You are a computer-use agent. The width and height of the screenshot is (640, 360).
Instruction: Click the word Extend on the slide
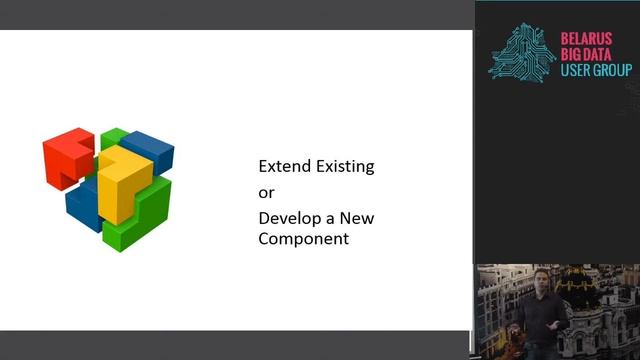[x=283, y=166]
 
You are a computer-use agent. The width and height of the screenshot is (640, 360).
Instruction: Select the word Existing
[x=343, y=167]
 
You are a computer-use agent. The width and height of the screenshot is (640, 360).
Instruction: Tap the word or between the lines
[x=266, y=192]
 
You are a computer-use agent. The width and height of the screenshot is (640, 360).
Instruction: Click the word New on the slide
[x=355, y=217]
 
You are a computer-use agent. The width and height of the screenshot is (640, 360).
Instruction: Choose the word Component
[x=304, y=239]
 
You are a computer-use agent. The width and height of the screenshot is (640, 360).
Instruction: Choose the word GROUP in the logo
[x=613, y=71]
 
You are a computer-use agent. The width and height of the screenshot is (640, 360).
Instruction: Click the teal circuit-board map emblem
[x=522, y=52]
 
